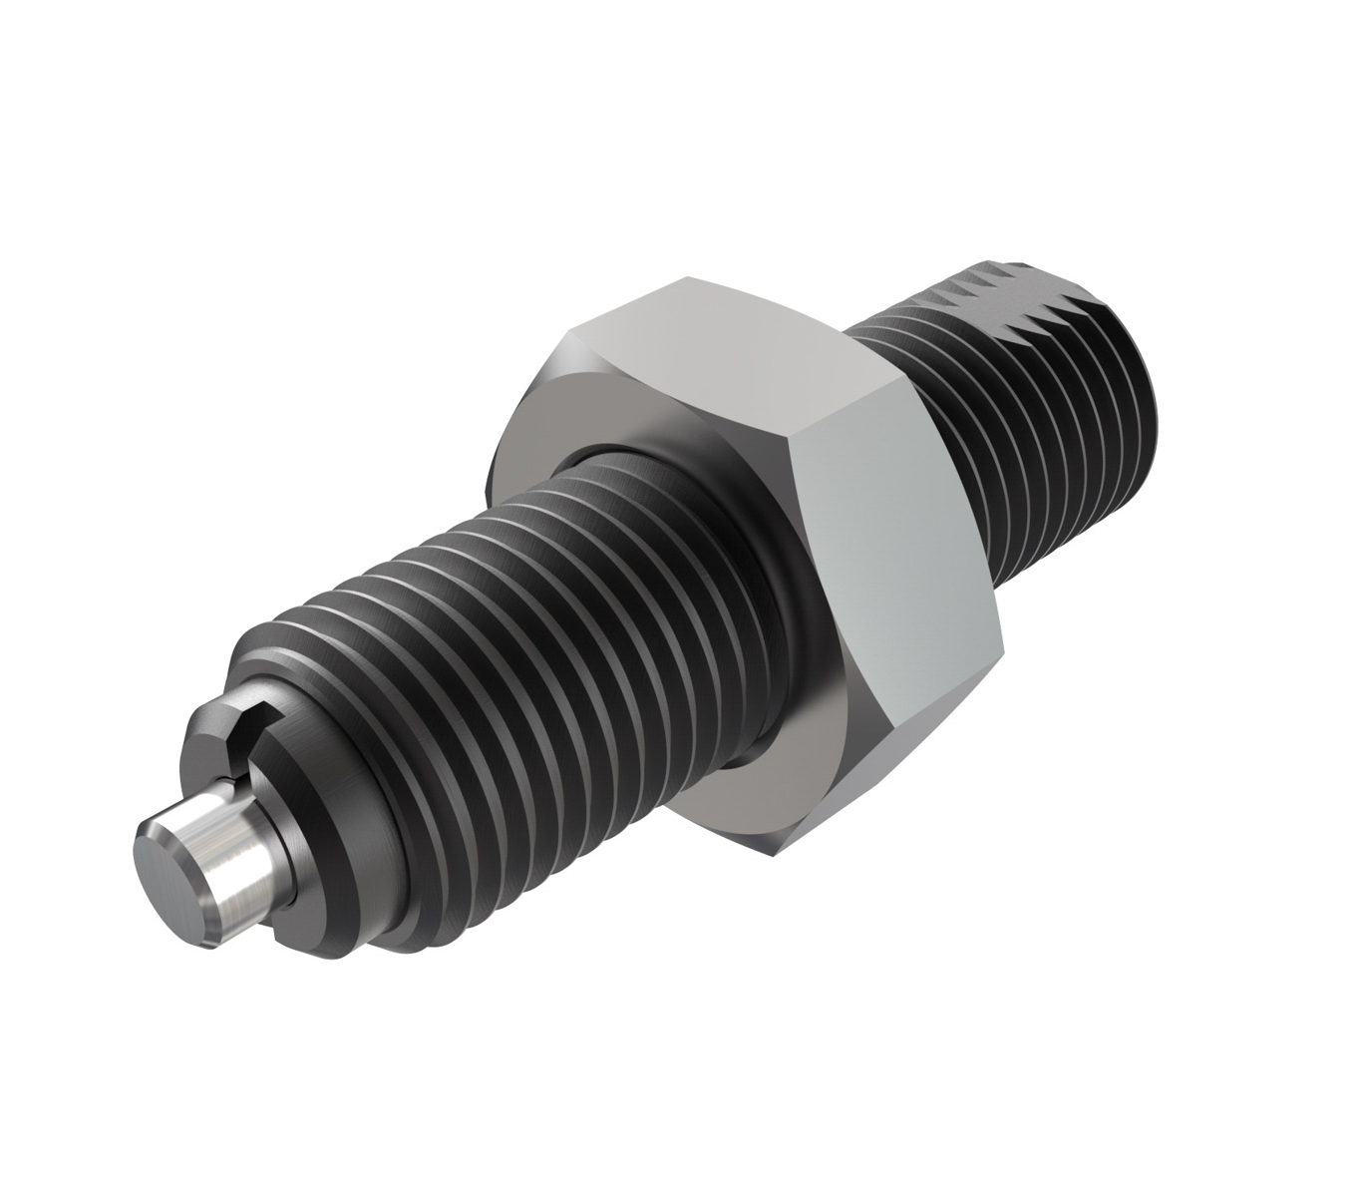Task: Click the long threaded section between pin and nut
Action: [499, 648]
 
